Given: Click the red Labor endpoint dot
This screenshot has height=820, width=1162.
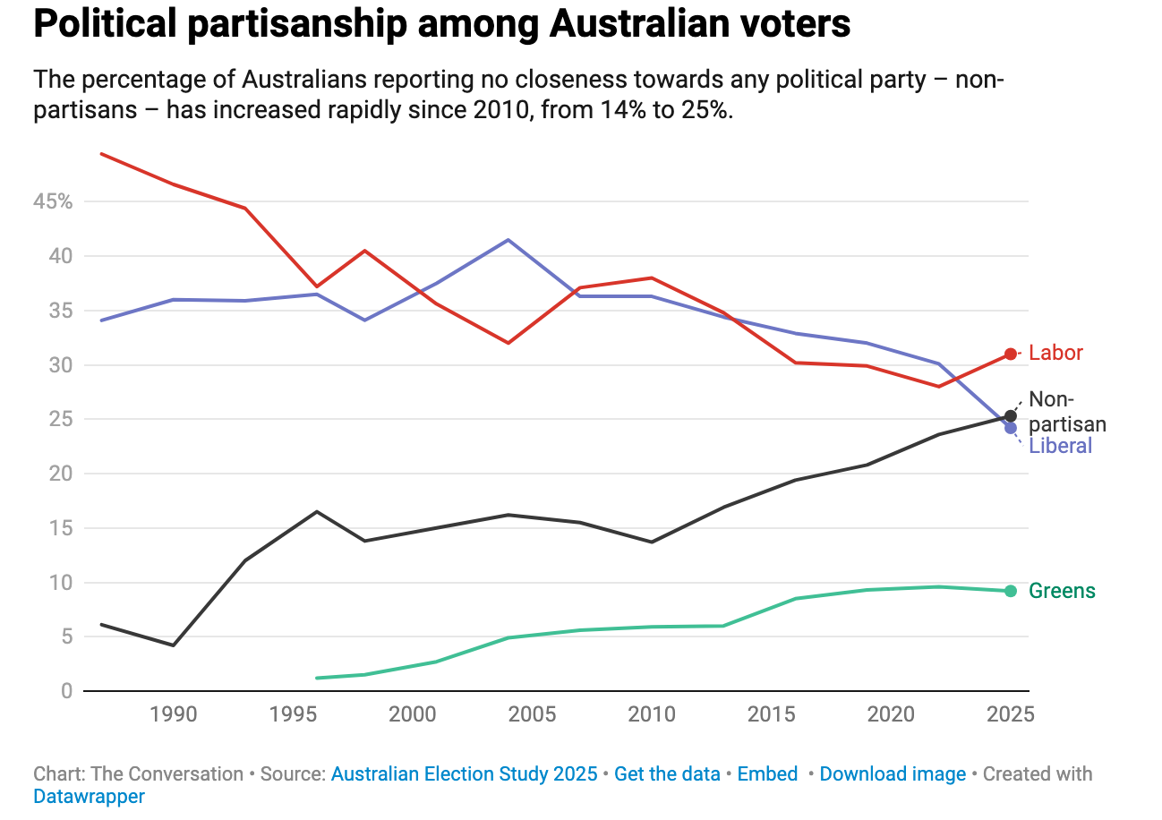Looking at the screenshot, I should [1011, 354].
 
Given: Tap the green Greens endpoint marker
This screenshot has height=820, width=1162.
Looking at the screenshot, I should [1011, 591].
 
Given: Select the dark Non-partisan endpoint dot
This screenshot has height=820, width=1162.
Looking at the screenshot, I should [1011, 415].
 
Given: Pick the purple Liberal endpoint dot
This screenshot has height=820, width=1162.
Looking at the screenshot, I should [1011, 428].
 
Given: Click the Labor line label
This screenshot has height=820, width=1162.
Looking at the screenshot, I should [1055, 353].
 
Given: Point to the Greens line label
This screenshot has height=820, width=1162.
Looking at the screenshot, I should [1062, 591].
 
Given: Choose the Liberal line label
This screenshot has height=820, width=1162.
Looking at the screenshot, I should [1061, 446].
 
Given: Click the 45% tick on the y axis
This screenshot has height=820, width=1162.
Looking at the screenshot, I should [53, 202].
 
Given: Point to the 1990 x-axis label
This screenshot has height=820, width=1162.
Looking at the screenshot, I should [173, 714].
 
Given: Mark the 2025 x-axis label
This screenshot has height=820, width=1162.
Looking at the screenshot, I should [1011, 714].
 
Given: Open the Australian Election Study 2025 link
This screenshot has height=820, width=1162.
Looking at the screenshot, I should [464, 774].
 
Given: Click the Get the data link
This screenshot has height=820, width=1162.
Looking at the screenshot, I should [667, 774].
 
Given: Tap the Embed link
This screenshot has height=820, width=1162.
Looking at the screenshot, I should [767, 774].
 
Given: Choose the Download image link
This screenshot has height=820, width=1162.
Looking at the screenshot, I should [893, 774].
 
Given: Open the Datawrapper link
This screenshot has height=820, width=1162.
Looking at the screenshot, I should [89, 796].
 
